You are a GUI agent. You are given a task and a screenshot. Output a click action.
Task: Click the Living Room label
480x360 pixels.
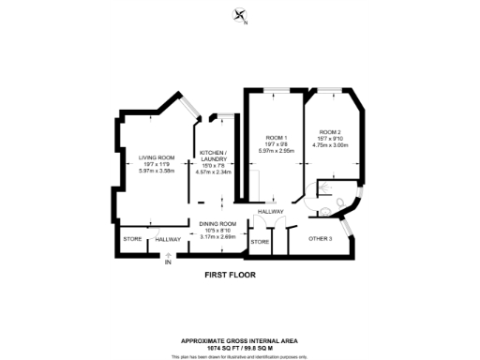157,157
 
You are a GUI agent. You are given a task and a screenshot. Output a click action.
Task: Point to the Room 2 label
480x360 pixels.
328,131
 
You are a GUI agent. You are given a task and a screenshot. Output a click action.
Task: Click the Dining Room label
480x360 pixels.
217,223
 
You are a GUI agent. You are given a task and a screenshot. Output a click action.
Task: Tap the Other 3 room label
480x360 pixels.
321,239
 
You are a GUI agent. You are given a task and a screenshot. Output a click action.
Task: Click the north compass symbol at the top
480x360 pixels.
240,15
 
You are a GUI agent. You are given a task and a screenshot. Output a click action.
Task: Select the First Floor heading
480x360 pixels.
231,276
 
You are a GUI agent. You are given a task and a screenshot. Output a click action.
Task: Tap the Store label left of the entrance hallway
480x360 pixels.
132,239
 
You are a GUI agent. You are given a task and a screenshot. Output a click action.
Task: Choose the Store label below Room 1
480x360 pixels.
260,242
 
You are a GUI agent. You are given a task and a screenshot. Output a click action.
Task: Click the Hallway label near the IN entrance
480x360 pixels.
168,239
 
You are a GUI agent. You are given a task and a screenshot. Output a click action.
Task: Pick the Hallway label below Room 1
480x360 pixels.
272,212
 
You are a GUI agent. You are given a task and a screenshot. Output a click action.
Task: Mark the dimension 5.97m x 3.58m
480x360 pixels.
157,170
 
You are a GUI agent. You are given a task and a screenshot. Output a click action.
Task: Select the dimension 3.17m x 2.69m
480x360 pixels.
217,236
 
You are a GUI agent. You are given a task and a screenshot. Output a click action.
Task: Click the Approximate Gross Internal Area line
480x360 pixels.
239,339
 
